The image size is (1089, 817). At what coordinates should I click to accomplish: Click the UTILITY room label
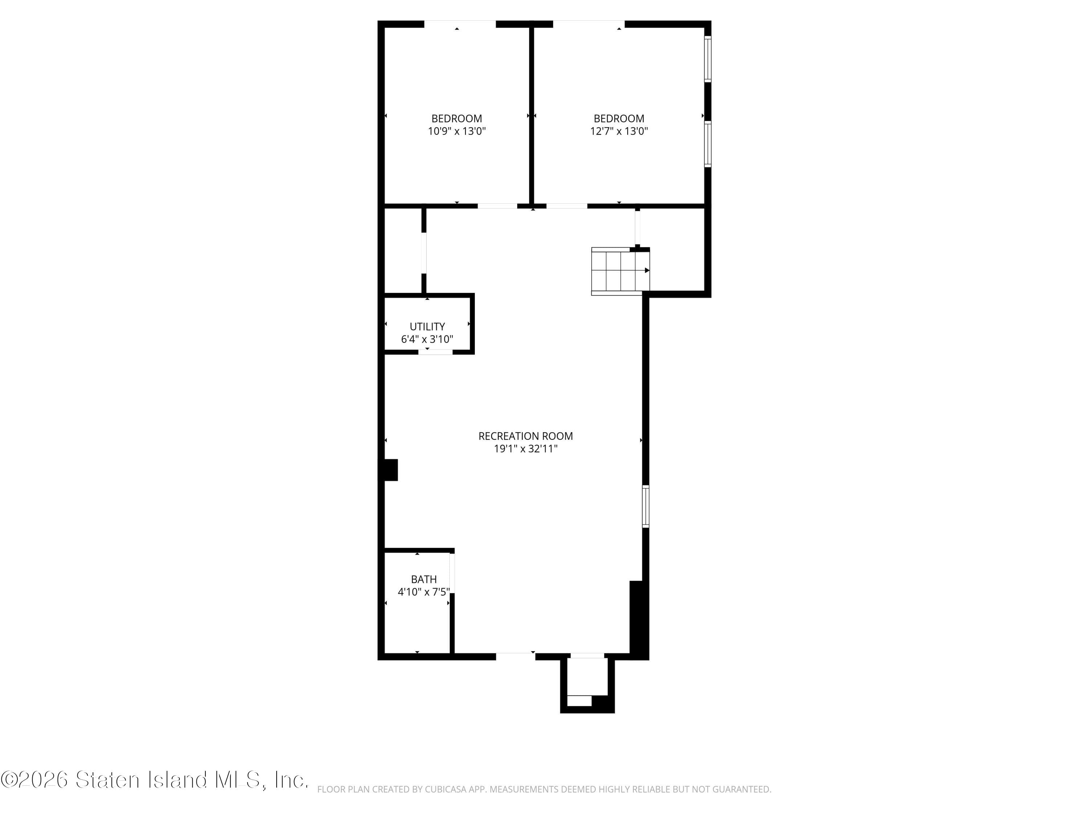pyautogui.click(x=427, y=326)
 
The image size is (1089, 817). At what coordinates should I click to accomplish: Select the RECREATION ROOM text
pyautogui.click(x=525, y=436)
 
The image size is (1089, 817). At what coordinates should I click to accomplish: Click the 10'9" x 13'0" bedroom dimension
pyautogui.click(x=456, y=131)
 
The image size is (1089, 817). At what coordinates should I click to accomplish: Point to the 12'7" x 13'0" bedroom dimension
pyautogui.click(x=619, y=131)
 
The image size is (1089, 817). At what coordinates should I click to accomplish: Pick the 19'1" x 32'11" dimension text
pyautogui.click(x=525, y=449)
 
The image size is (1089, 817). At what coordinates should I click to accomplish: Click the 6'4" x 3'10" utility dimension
pyautogui.click(x=427, y=339)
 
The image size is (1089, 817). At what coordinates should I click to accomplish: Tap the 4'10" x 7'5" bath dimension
pyautogui.click(x=423, y=592)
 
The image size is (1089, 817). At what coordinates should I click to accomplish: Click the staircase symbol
pyautogui.click(x=619, y=271)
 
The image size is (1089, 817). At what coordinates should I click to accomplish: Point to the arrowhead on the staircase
pyautogui.click(x=647, y=271)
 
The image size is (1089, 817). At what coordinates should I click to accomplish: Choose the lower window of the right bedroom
pyautogui.click(x=707, y=144)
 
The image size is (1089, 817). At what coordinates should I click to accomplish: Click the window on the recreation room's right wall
pyautogui.click(x=645, y=506)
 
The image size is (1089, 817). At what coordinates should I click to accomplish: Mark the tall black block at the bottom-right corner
pyautogui.click(x=638, y=619)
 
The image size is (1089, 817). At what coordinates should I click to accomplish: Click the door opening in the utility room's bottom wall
pyautogui.click(x=435, y=351)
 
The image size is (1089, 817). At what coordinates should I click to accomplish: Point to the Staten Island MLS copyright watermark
pyautogui.click(x=155, y=780)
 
